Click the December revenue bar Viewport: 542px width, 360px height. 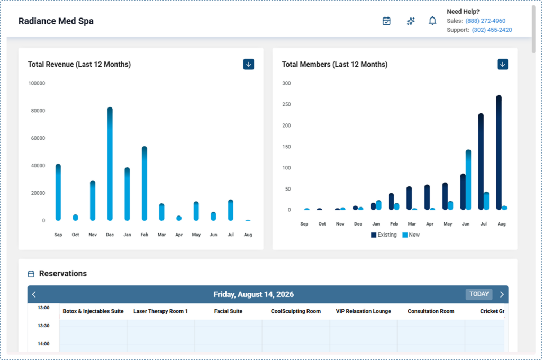pos(110,164)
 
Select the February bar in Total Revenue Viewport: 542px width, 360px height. pos(144,183)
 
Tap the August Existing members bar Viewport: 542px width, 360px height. pos(499,152)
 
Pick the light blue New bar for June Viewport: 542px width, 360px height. pos(468,180)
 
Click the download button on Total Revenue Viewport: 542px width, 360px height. pos(249,64)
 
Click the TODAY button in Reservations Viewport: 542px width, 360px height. pos(479,294)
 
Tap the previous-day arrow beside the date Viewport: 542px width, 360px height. pos(34,295)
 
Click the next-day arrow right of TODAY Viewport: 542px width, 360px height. pos(502,295)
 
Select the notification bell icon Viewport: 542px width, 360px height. pos(432,21)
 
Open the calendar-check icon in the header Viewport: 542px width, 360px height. pos(386,21)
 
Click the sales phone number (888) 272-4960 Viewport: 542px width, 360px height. pos(485,21)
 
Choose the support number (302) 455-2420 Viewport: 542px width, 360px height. pos(492,30)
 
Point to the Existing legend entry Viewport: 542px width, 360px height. pos(384,235)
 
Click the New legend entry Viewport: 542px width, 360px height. pos(411,235)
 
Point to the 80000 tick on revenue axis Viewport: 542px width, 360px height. pos(38,111)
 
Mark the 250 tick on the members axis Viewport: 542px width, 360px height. pos(286,104)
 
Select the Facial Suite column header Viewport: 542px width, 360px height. pos(228,311)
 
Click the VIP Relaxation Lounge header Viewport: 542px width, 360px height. pos(363,311)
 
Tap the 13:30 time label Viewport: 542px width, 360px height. pos(43,326)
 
